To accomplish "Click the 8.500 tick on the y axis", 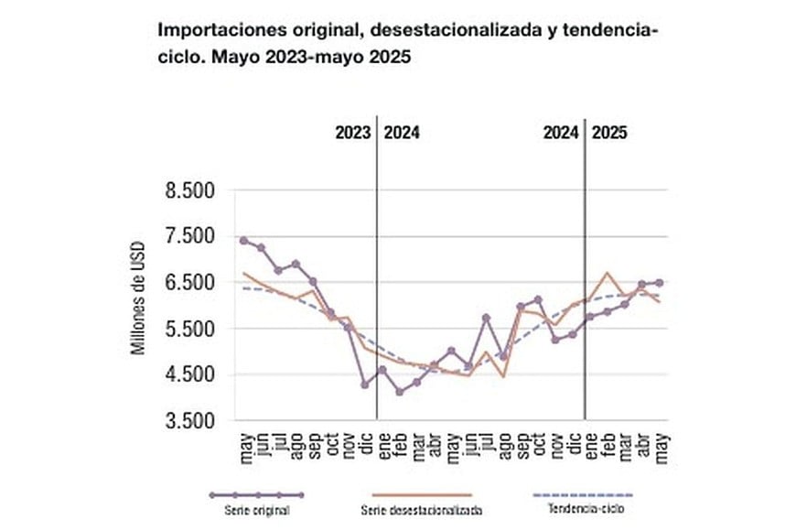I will [188, 191].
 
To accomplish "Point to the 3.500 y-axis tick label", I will [188, 421].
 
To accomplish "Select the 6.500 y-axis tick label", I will [188, 283].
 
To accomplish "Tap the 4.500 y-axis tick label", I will [188, 375].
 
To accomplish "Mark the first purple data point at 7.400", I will [243, 240].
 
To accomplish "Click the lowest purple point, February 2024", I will [399, 392].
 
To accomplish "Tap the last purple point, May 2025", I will [660, 283].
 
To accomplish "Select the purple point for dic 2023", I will [365, 385].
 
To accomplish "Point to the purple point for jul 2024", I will [486, 318].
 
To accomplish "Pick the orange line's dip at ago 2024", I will [503, 376].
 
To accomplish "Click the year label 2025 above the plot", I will [609, 132].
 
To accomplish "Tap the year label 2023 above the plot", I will [351, 132].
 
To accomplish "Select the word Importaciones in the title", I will [213, 30].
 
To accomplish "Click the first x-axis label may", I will [244, 446].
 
